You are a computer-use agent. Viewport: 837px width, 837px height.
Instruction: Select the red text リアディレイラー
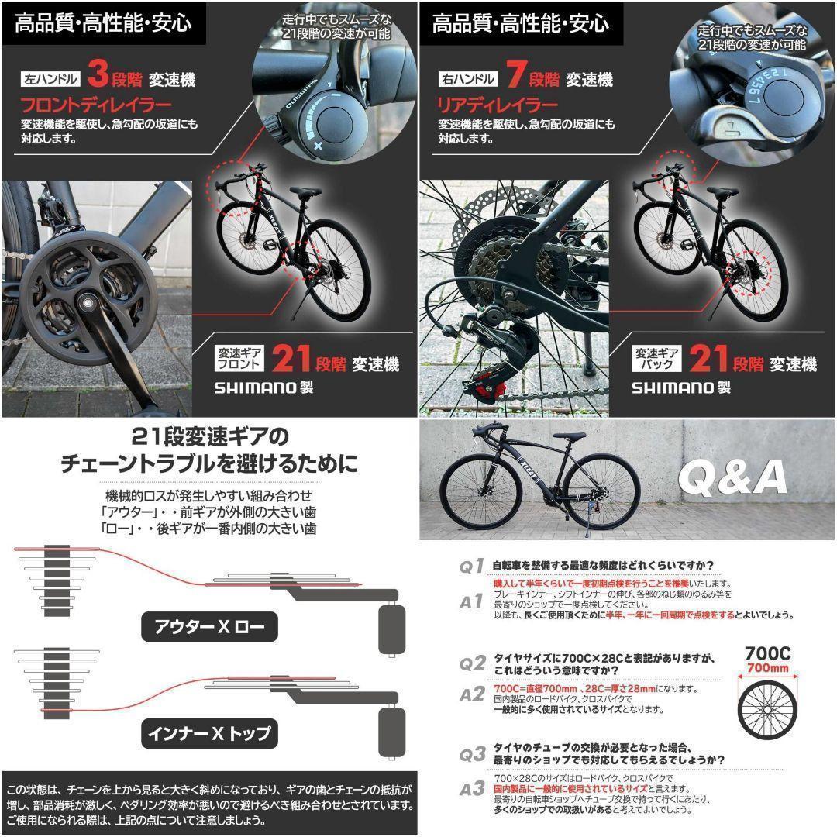pos(498,105)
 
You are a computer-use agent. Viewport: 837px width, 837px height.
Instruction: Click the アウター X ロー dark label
pos(208,627)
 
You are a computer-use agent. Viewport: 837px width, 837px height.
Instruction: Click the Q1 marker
pos(472,567)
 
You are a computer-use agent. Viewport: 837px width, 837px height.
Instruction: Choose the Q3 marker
pos(472,753)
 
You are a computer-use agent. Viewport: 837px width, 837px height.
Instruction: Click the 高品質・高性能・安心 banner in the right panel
pos(520,23)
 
